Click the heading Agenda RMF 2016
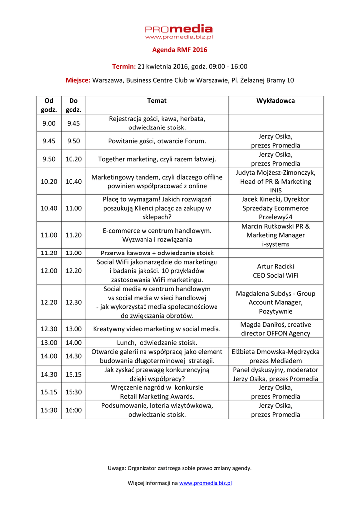coord(179,50)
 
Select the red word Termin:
coord(124,66)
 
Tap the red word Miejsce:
coord(78,80)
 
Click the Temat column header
coord(157,101)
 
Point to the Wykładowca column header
coord(276,101)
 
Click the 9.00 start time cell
coord(49,123)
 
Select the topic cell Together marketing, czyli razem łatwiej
coord(157,159)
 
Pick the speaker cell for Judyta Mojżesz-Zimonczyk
coord(276,181)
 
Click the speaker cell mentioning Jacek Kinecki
coord(276,208)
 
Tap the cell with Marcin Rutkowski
coord(276,235)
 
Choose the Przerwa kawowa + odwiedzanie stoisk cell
coord(157,253)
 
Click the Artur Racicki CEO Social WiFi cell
coord(276,270)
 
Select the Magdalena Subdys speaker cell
coord(276,302)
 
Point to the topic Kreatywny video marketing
coord(157,328)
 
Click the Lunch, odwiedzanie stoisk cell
coord(157,342)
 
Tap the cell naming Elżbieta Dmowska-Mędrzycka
coord(276,356)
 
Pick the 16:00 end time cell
coord(73,410)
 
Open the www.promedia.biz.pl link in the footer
coord(206,483)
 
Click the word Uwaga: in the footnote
coord(117,468)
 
